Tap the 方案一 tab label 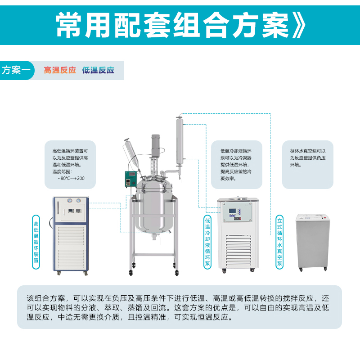point(16,71)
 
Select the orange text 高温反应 point(60,71)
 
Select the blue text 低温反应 point(98,71)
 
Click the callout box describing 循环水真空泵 point(308,164)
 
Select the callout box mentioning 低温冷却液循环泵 point(237,164)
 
